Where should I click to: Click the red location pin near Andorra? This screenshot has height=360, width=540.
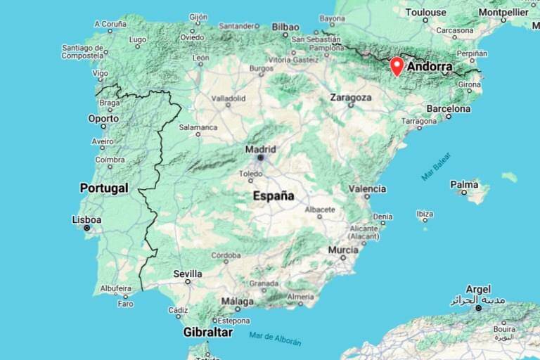click(397, 66)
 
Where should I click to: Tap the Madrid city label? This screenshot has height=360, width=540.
click(260, 149)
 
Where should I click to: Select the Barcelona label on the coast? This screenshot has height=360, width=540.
click(449, 109)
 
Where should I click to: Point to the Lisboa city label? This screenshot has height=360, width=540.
click(86, 219)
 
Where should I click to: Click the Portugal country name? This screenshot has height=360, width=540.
click(104, 188)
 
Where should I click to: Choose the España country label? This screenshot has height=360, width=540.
click(274, 196)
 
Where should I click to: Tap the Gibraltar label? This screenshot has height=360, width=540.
click(207, 332)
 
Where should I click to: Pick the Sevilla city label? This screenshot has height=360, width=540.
click(188, 274)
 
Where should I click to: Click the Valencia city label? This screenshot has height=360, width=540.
click(367, 188)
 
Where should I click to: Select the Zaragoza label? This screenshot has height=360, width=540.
click(351, 97)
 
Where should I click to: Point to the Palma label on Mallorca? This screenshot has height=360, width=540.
click(464, 184)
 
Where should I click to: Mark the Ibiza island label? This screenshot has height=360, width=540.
click(425, 213)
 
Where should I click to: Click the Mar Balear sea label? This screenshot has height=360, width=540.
click(436, 166)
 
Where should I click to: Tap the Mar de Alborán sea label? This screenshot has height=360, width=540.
click(275, 338)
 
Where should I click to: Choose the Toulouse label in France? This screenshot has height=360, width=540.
click(425, 12)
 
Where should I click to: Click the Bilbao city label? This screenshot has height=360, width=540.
click(285, 27)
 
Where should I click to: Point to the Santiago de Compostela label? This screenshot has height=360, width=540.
click(83, 52)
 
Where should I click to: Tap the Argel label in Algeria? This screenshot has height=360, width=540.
click(478, 289)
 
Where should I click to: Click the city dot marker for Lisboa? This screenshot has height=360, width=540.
click(87, 229)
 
